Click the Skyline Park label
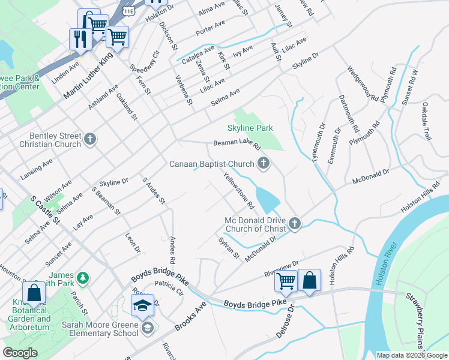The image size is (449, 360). pos(250,128)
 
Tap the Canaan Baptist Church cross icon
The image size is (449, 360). pos(262,163)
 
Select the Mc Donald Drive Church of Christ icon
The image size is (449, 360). pos(294,224)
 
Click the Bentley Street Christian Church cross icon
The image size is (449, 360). pos(90,139)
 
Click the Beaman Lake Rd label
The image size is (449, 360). pos(238,145)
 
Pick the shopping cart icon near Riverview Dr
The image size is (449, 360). pos(286,280)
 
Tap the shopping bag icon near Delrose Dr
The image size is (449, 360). pos(309,280)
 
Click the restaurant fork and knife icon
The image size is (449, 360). pos(80,39)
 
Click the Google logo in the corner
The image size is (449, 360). pos(20,353)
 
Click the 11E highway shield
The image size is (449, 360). pos(128,11)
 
